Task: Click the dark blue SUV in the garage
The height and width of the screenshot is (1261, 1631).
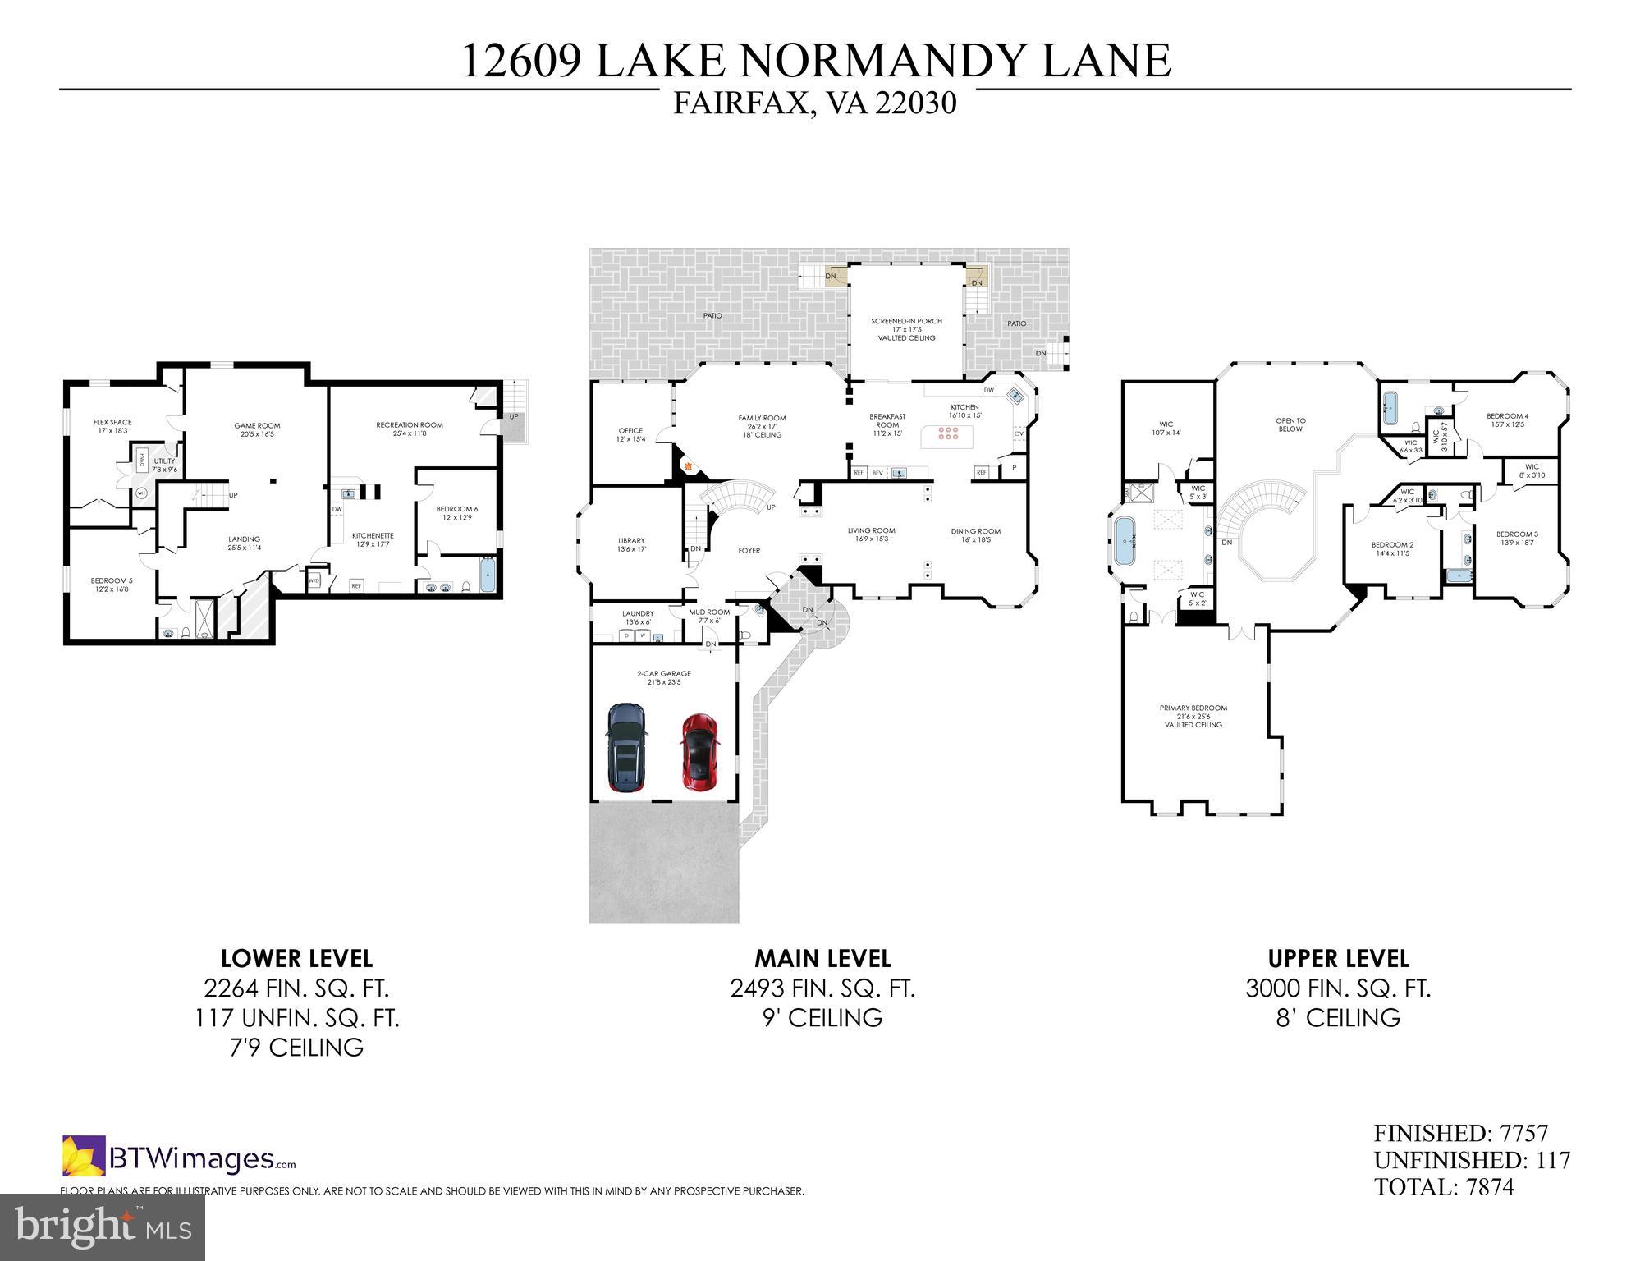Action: (627, 747)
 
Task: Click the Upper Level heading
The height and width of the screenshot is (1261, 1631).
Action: (1338, 958)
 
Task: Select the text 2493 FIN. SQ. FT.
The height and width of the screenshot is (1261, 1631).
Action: (822, 988)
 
